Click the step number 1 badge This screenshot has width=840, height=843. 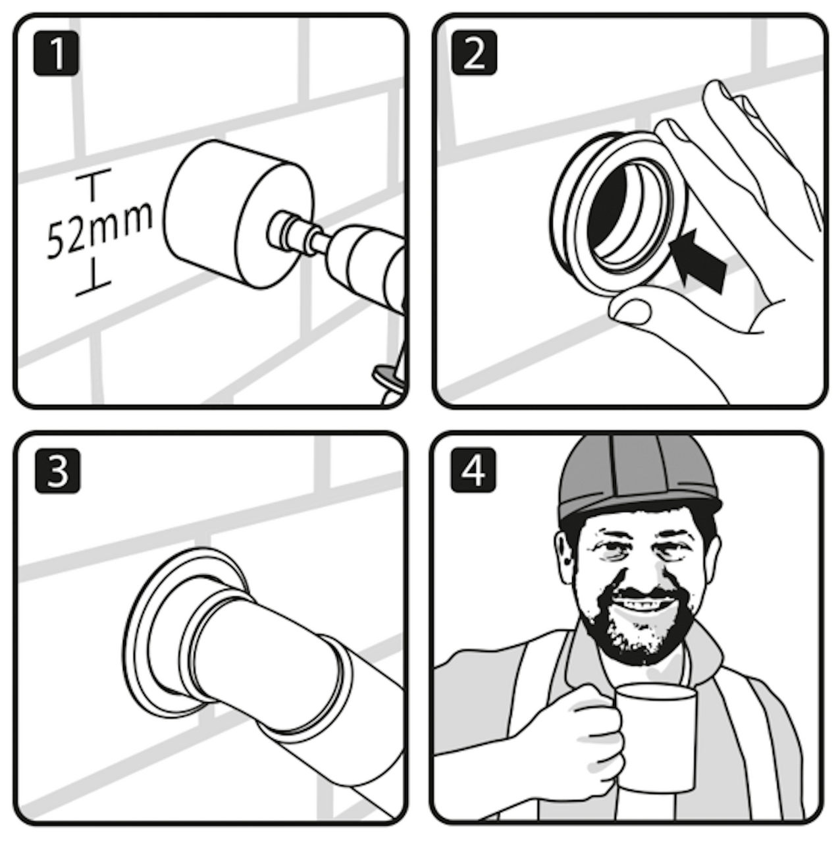click(x=57, y=53)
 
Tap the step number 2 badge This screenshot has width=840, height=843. click(x=474, y=52)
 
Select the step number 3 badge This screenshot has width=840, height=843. click(x=58, y=471)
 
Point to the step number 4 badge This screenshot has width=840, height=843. click(x=473, y=470)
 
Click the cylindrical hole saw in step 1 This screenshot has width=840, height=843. click(x=239, y=214)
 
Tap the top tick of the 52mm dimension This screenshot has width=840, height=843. click(x=93, y=175)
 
